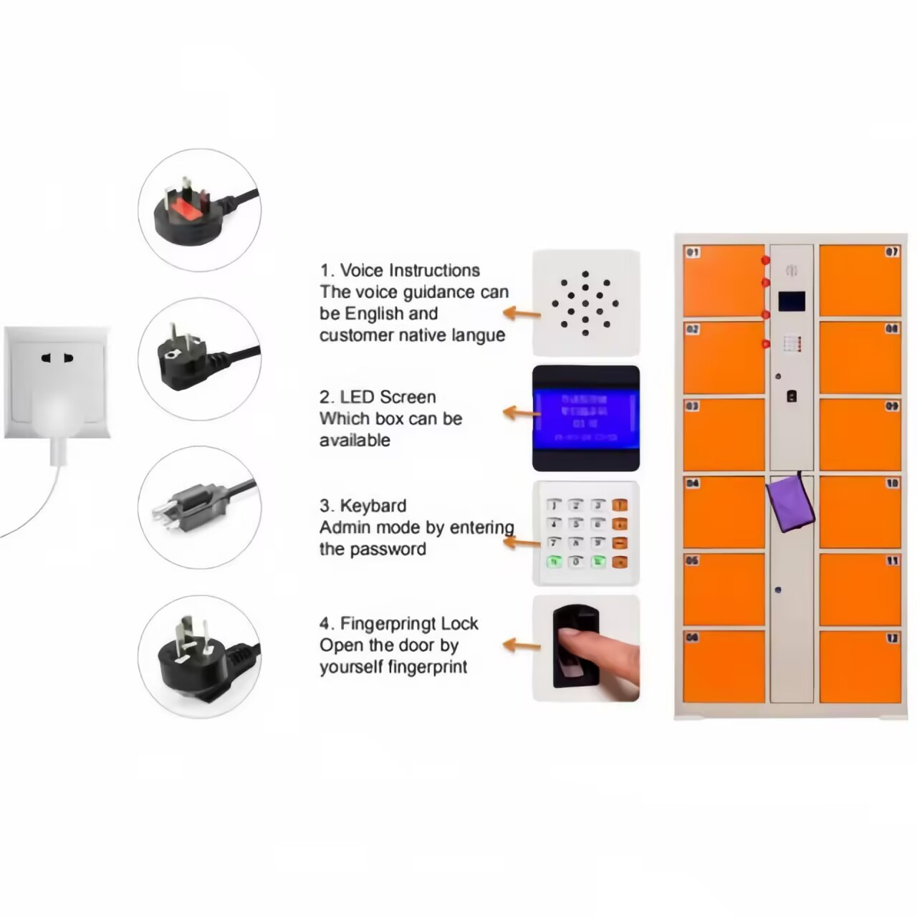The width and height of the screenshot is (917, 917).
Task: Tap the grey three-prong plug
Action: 188,506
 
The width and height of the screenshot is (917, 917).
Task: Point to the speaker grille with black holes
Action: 585,303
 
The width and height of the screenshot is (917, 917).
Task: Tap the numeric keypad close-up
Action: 585,533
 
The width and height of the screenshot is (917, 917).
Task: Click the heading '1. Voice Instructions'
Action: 400,271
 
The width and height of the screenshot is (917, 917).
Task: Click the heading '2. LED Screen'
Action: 378,398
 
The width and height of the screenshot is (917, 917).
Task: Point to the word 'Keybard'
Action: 373,506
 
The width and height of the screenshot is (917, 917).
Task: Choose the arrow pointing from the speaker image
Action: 522,313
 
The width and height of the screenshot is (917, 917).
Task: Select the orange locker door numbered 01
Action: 724,280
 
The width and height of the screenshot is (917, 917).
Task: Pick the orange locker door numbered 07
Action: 860,280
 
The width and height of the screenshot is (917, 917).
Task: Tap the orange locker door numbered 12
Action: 860,666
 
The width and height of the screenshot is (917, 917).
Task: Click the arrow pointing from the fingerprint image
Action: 522,645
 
